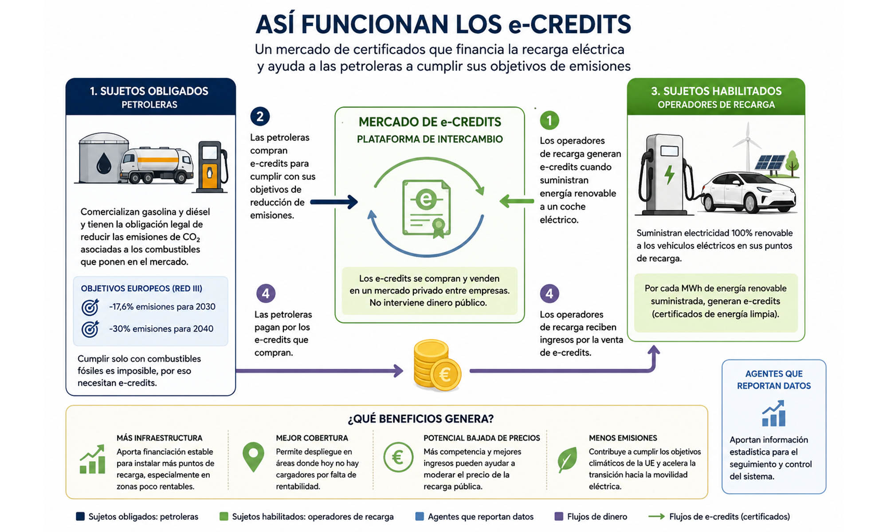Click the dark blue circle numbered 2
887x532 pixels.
point(260,117)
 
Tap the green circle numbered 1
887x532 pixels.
point(549,120)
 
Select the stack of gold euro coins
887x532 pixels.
point(436,366)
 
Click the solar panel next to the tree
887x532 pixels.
point(770,164)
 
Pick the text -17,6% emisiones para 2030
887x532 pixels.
point(162,307)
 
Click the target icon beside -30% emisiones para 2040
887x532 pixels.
point(90,329)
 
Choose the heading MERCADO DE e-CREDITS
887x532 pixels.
point(430,122)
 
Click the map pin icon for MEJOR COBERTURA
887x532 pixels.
point(253,457)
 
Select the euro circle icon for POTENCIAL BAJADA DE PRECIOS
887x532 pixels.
point(398,457)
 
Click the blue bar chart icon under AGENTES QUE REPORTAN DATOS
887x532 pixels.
point(773,413)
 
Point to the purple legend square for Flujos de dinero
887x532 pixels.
point(559,516)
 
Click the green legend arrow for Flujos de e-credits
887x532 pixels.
point(656,516)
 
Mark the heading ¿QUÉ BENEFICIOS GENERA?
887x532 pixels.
point(421,419)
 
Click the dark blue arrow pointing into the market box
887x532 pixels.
point(334,202)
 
